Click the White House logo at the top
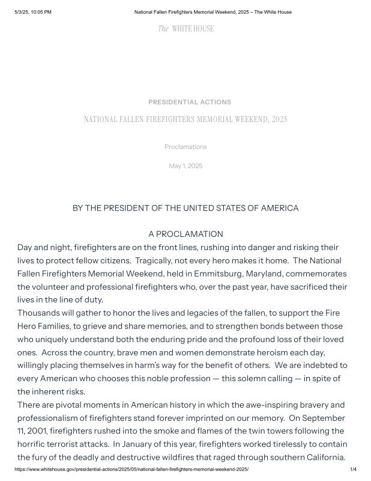185,29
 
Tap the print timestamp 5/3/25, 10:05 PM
33,12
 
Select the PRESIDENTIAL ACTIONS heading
189,102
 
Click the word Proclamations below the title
185,147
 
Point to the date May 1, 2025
185,166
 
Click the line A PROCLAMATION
185,234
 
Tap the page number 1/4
353,469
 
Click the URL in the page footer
131,469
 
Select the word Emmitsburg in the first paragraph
220,274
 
